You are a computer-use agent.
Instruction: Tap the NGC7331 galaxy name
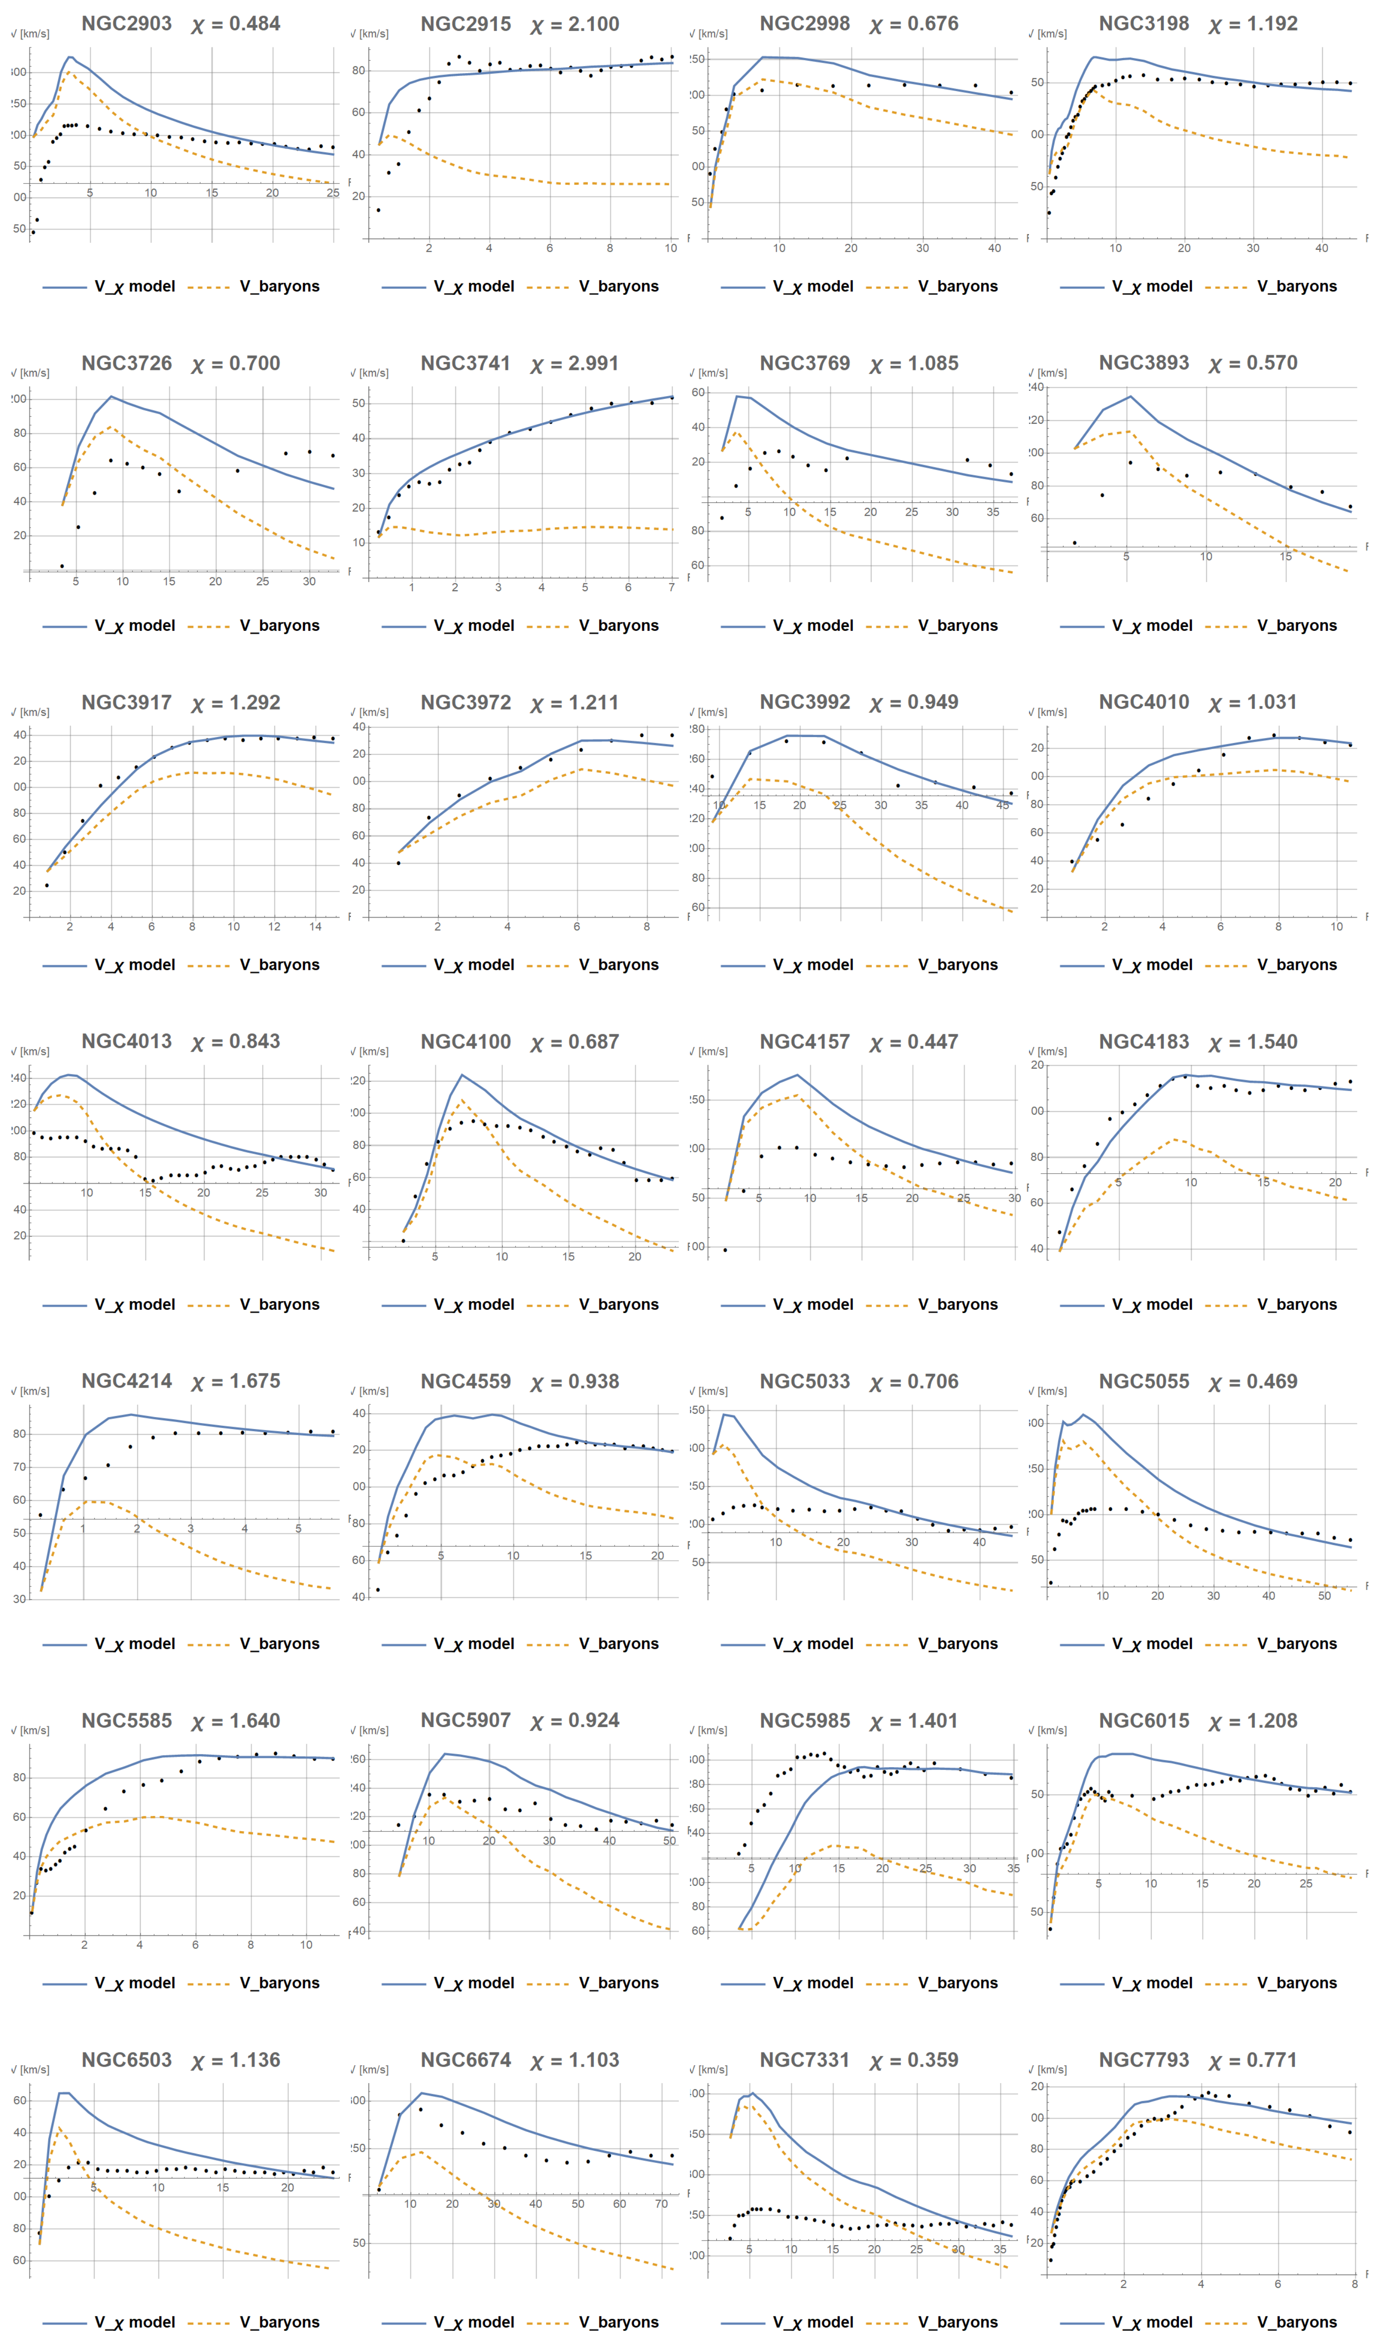805,2059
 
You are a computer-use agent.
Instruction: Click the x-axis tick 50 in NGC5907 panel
669,1841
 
